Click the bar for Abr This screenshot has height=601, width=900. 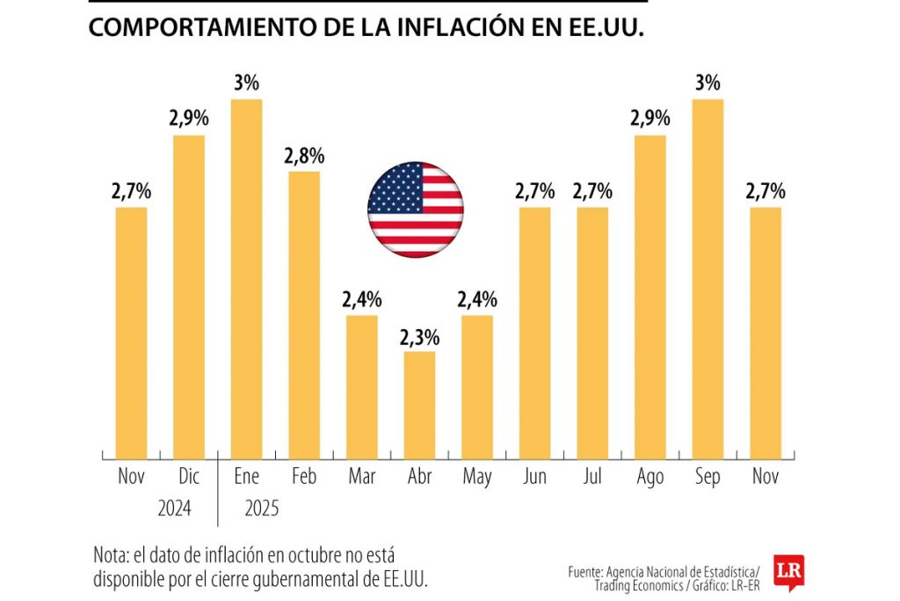point(419,405)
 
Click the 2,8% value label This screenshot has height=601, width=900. point(304,157)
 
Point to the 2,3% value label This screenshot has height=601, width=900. point(419,337)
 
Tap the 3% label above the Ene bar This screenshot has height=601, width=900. point(246,84)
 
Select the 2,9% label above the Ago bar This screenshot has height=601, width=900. point(650,119)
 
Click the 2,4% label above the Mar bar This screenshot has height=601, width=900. point(362,300)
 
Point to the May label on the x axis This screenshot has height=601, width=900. point(476,477)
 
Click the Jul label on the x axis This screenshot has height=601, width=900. point(592,477)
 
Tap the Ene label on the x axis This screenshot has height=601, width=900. point(246,477)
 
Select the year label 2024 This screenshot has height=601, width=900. point(175,509)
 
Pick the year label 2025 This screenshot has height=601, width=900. point(261,509)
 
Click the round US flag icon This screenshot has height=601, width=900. point(415,209)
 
